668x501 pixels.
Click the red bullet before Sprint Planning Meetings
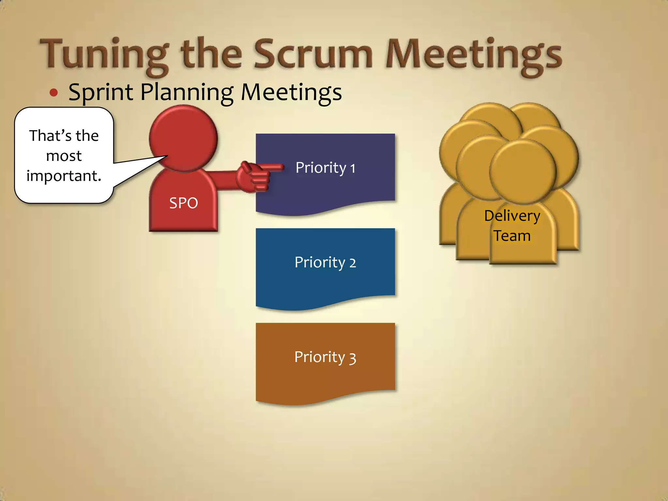tap(54, 93)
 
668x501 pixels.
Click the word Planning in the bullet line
tap(187, 92)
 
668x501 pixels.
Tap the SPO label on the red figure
tap(183, 203)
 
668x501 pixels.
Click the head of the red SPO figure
tap(183, 139)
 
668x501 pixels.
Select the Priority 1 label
tap(325, 168)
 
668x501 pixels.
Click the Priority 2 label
tap(325, 263)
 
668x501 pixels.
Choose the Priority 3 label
tap(325, 357)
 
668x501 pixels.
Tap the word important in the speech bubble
tap(64, 176)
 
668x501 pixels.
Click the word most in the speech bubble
tap(64, 156)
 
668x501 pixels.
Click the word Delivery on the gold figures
tap(512, 216)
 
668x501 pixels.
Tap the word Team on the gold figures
tap(512, 236)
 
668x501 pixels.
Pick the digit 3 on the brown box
tap(352, 358)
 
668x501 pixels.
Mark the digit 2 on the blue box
tap(352, 263)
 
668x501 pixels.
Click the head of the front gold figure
tap(523, 171)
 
